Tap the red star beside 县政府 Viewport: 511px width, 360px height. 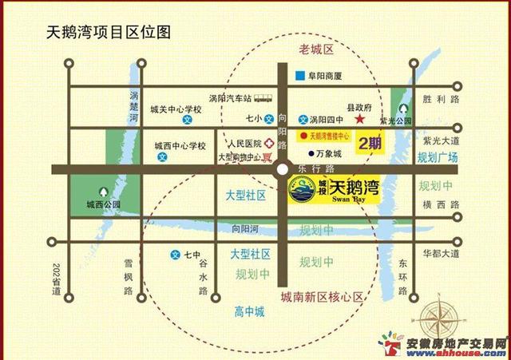[361, 119]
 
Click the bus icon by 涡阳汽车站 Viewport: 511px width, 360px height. [263, 99]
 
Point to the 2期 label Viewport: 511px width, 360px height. [369, 144]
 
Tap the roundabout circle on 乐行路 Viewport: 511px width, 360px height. [283, 169]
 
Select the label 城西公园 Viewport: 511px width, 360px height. [104, 205]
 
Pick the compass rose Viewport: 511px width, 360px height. [446, 315]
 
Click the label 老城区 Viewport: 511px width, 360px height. [315, 49]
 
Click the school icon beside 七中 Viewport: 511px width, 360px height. [175, 256]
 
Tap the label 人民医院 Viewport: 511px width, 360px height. [244, 144]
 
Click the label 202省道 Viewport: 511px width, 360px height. [55, 279]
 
